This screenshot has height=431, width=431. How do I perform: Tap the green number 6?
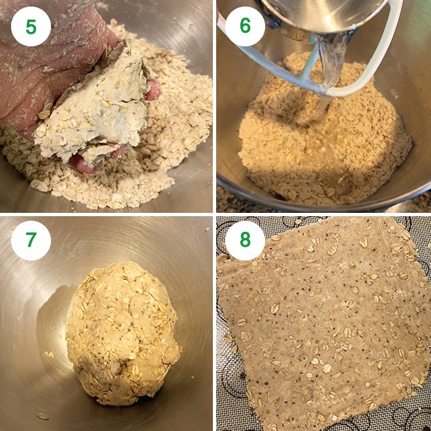click(x=245, y=26)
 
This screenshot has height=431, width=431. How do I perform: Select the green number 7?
click(x=31, y=240)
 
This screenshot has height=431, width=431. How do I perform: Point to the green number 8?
click(x=245, y=240)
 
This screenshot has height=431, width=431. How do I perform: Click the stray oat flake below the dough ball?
click(x=42, y=415)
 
